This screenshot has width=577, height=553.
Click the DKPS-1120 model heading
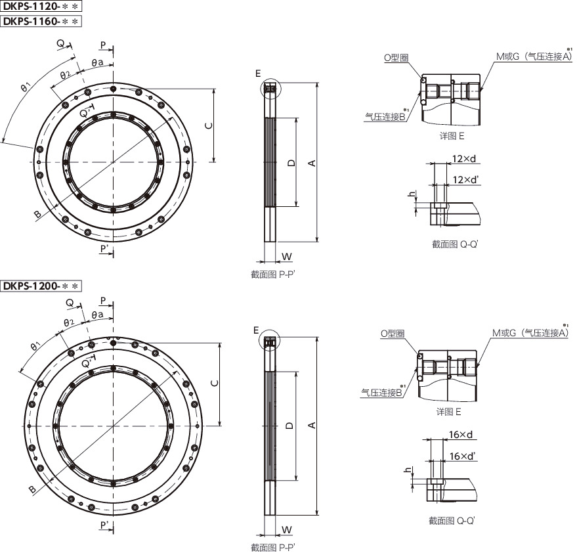click(x=41, y=7)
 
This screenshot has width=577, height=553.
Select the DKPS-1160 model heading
click(x=41, y=21)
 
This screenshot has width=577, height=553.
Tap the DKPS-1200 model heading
click(x=41, y=286)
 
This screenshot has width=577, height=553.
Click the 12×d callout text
click(x=463, y=159)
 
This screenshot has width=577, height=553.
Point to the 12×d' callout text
click(x=465, y=180)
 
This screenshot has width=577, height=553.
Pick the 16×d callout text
click(x=460, y=434)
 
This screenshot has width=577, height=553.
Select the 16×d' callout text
click(x=462, y=456)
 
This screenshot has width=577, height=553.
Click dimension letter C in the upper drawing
click(x=209, y=125)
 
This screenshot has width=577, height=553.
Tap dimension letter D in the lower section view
click(x=290, y=426)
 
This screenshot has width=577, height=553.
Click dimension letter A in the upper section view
click(x=312, y=163)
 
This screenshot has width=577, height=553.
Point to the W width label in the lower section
click(x=287, y=530)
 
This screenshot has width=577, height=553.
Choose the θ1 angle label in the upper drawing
click(x=26, y=87)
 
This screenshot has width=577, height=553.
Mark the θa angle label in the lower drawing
click(x=98, y=315)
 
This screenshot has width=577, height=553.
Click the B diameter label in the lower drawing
click(x=32, y=489)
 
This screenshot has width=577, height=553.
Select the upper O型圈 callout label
click(x=396, y=58)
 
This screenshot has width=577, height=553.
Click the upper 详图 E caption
click(x=452, y=136)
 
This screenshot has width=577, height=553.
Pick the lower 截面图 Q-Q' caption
click(x=452, y=521)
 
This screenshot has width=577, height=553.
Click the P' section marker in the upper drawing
click(x=105, y=250)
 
